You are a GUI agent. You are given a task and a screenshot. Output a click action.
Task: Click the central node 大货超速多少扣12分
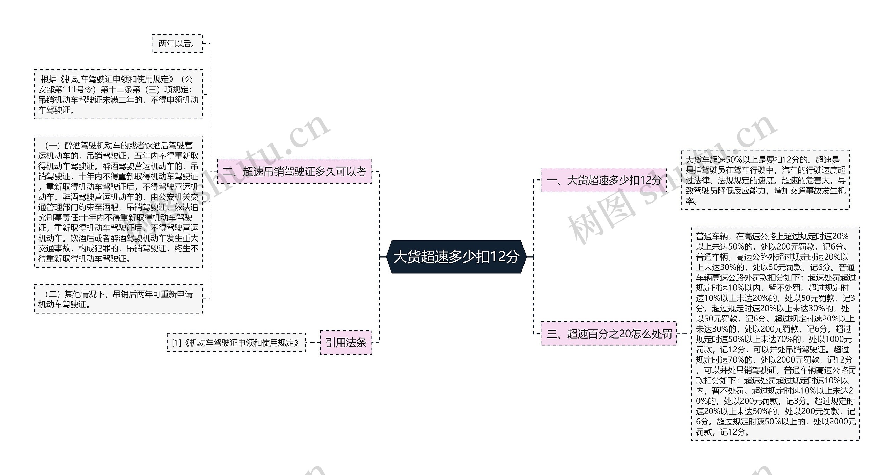(x=456, y=257)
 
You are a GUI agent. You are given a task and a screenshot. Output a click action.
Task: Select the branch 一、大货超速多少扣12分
(x=603, y=180)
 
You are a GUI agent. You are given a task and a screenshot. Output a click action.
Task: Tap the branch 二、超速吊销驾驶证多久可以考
(x=294, y=171)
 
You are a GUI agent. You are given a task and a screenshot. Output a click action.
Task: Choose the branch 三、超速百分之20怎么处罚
(x=609, y=334)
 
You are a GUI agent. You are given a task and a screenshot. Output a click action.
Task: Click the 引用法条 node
(x=346, y=342)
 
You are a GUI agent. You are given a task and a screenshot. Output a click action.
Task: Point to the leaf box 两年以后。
(x=177, y=44)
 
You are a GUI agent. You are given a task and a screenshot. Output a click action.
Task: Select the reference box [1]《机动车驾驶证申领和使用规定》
(x=236, y=342)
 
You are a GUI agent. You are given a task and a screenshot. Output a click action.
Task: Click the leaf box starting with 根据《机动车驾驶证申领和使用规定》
(x=118, y=95)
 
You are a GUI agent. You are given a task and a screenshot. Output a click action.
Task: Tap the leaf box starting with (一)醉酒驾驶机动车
(x=118, y=202)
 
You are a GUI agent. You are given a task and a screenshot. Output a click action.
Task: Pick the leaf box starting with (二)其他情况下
(x=118, y=299)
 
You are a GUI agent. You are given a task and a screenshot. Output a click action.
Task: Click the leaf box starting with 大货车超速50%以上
(x=765, y=180)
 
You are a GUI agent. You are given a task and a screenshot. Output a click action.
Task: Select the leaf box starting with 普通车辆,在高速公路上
(x=775, y=334)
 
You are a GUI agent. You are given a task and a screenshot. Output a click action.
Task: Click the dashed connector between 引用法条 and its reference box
(x=313, y=342)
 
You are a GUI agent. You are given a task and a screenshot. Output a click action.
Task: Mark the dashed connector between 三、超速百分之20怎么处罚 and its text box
(x=684, y=334)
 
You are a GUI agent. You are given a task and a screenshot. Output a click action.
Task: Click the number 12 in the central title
(x=497, y=257)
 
